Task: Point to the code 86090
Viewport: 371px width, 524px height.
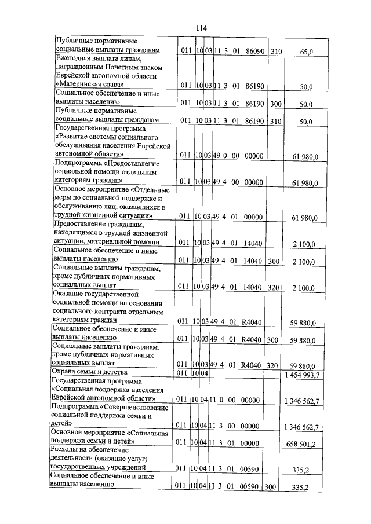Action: pos(255,52)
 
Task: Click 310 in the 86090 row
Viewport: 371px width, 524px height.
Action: pos(276,52)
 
